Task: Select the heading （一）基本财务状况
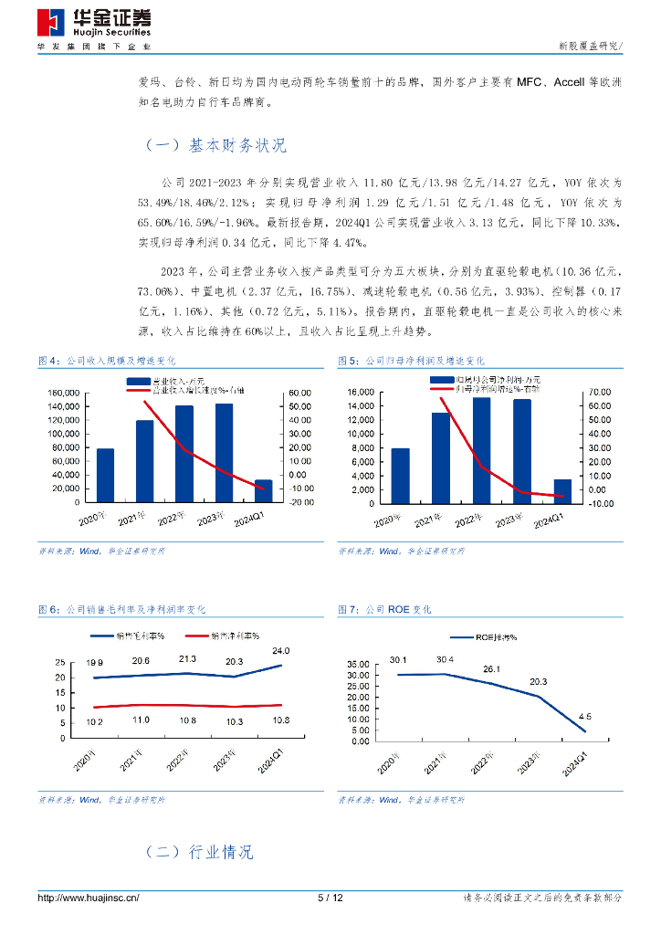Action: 215,145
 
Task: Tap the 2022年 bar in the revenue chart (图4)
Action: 184,454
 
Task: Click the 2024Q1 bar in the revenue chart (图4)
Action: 263,491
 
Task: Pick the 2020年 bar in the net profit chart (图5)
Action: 401,475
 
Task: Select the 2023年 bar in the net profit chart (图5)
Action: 521,451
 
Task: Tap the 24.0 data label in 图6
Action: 280,651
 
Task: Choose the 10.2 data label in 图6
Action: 95,721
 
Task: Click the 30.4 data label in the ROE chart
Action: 446,659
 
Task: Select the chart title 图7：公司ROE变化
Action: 384,609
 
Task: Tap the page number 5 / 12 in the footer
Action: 330,898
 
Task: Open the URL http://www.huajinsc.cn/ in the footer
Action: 88,898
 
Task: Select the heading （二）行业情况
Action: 199,852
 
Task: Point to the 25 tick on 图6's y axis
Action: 60,663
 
